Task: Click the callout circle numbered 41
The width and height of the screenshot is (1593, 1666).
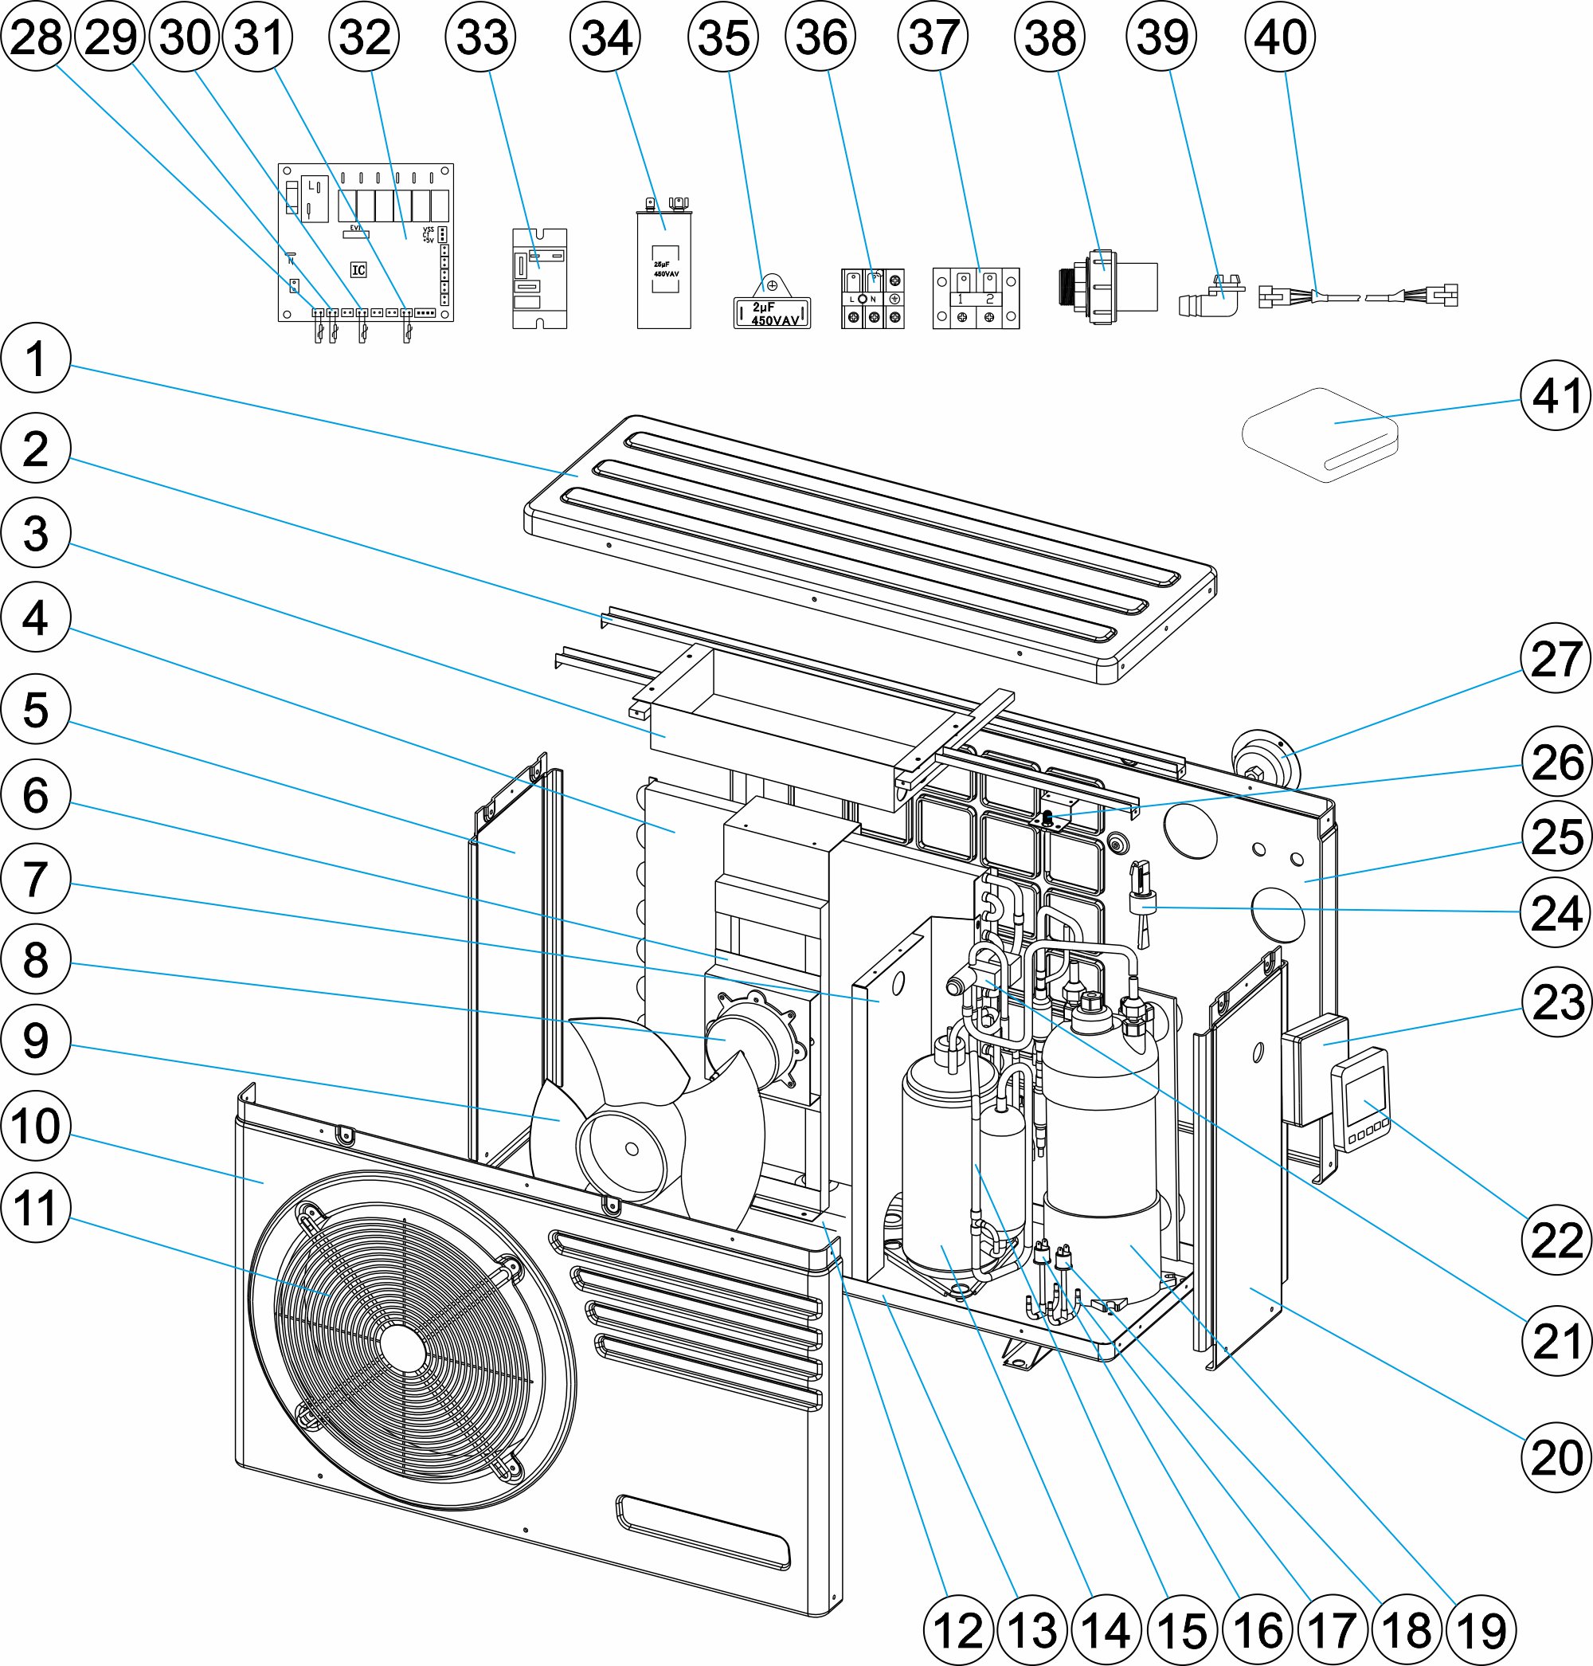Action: pyautogui.click(x=1556, y=396)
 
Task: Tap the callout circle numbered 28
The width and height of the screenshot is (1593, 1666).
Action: pyautogui.click(x=36, y=37)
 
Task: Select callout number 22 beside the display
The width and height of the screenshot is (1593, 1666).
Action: pyautogui.click(x=1556, y=1240)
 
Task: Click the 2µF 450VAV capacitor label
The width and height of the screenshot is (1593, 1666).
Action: pyautogui.click(x=772, y=313)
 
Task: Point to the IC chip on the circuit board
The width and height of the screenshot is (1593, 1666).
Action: pyautogui.click(x=358, y=270)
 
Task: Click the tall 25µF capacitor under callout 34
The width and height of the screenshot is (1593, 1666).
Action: pyautogui.click(x=664, y=268)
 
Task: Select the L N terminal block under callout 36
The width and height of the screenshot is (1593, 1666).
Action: pyautogui.click(x=872, y=299)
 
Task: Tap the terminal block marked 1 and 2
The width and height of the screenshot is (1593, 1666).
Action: pyautogui.click(x=976, y=299)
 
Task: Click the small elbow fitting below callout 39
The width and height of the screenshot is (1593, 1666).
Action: pyautogui.click(x=1211, y=296)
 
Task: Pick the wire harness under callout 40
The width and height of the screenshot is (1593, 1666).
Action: pyautogui.click(x=1358, y=296)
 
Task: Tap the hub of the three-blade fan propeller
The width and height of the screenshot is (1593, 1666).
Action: pyautogui.click(x=630, y=1149)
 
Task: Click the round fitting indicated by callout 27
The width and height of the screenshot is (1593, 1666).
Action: pyautogui.click(x=1262, y=755)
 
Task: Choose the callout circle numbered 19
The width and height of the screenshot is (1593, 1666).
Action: pyautogui.click(x=1481, y=1629)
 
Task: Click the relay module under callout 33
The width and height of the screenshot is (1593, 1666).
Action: pyautogui.click(x=539, y=278)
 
